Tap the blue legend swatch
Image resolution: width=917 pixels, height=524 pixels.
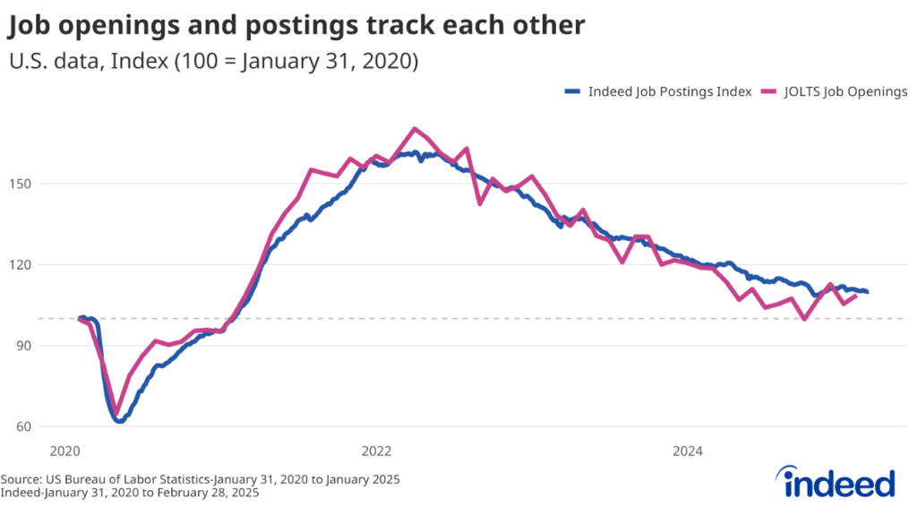pyautogui.click(x=573, y=91)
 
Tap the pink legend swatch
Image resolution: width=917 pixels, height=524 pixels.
pyautogui.click(x=767, y=91)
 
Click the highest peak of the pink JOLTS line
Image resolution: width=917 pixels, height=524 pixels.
pyautogui.click(x=414, y=129)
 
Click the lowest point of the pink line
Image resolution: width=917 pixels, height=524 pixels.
pyautogui.click(x=116, y=414)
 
